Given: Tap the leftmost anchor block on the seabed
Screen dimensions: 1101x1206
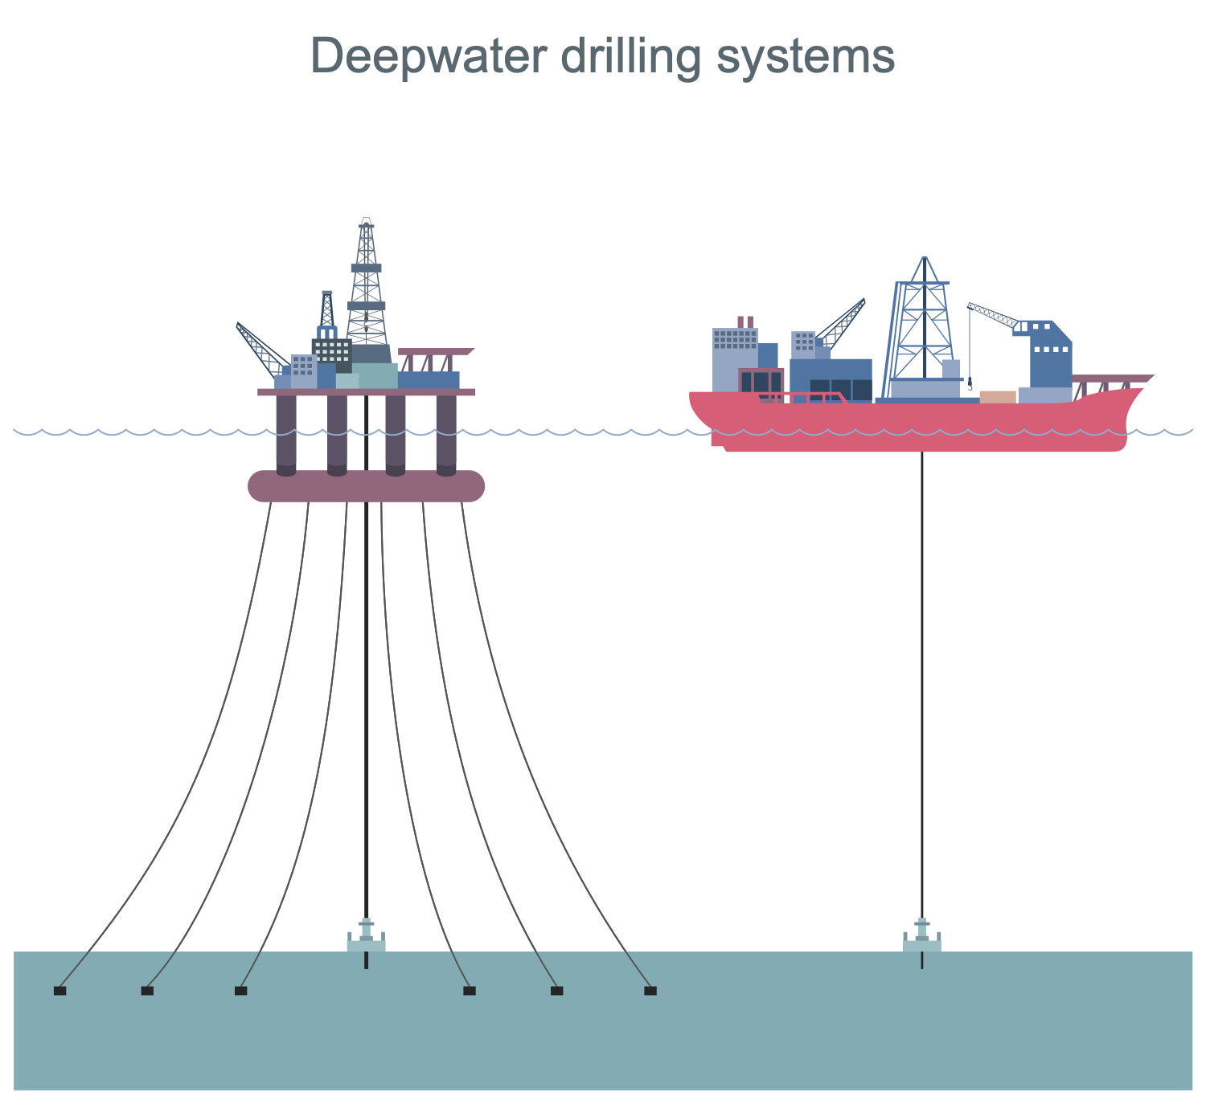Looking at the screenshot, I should (x=59, y=991).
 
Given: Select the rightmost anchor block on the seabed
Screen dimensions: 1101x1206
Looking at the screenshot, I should (x=650, y=991).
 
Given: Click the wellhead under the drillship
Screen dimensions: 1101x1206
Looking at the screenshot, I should (x=922, y=936).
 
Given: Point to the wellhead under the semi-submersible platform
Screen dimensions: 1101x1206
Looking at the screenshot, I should (x=366, y=936).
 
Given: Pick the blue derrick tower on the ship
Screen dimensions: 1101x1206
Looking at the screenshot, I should (x=925, y=321).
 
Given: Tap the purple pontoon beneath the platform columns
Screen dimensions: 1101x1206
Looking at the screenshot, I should (x=366, y=486).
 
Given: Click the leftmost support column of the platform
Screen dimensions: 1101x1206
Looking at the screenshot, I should (x=286, y=434).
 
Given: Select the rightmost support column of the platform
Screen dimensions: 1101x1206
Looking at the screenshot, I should (x=446, y=434).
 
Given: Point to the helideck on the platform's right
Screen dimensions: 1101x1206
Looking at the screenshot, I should (x=435, y=351).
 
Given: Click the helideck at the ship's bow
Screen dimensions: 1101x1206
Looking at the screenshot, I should (x=1114, y=378).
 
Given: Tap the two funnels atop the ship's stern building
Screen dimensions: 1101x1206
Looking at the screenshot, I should (x=745, y=321).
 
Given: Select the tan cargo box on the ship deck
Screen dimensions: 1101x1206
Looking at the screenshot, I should (x=998, y=396).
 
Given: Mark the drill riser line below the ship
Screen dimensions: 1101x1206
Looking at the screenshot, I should (x=922, y=683).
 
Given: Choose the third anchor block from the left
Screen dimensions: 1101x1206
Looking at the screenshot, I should (x=240, y=991).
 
